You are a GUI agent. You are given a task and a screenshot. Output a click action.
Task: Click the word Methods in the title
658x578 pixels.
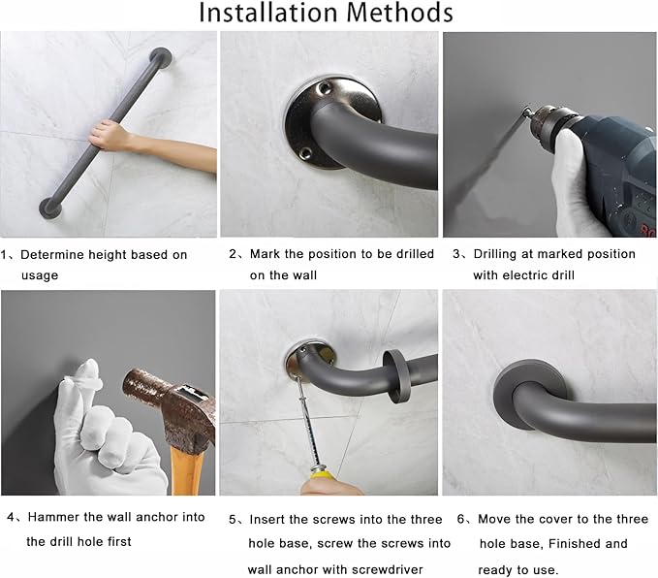tap(401, 14)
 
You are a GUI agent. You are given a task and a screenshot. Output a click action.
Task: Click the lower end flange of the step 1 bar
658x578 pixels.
tap(51, 206)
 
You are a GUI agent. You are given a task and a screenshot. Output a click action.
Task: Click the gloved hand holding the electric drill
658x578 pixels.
tap(580, 184)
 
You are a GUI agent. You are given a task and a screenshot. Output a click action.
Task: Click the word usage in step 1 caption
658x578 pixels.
tap(39, 275)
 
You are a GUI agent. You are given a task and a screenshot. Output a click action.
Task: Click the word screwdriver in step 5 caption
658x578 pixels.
tap(383, 569)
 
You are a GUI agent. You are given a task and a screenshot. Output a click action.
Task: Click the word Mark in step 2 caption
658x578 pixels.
tap(266, 254)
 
